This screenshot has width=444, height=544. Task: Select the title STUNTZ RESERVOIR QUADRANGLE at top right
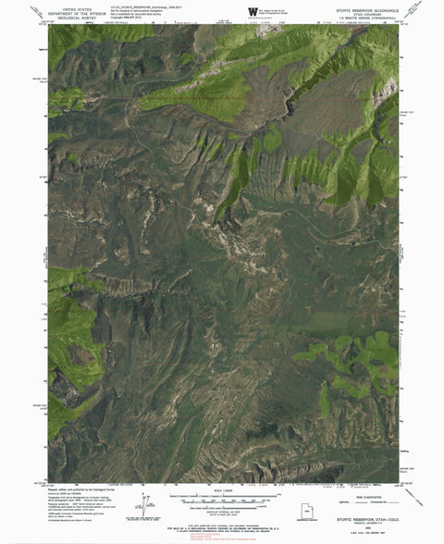[358, 6]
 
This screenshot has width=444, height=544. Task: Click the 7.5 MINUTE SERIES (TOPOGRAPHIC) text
[358, 15]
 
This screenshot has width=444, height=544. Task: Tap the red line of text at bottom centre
[222, 532]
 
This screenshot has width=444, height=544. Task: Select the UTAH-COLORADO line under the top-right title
[358, 10]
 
